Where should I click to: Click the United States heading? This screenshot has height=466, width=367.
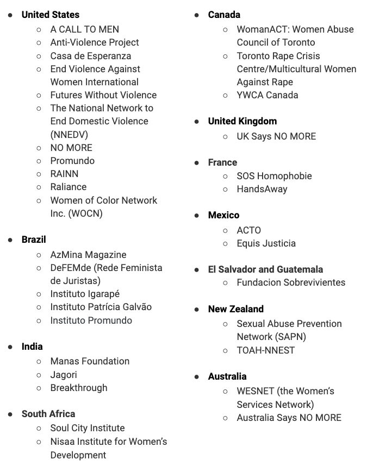[x=50, y=15]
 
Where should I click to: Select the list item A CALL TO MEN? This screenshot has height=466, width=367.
[x=84, y=29]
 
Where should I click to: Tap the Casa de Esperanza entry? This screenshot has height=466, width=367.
[x=90, y=55]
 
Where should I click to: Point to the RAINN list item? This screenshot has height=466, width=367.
[x=64, y=174]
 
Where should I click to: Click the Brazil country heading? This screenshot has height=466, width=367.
[x=34, y=240]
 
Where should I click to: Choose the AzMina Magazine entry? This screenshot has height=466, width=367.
[x=88, y=255]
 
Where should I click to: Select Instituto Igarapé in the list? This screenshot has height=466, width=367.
[x=85, y=294]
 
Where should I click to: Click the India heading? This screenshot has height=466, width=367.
[x=32, y=347]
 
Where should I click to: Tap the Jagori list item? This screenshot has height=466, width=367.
[x=64, y=375]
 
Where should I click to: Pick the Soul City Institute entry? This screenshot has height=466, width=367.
[x=88, y=428]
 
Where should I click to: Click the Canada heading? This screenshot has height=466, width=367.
[x=224, y=15]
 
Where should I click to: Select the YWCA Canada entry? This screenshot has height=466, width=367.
[x=267, y=95]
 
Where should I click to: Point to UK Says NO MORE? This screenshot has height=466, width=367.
[x=276, y=136]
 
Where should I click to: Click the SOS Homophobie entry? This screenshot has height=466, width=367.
[x=274, y=176]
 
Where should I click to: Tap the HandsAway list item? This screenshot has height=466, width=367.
[x=262, y=189]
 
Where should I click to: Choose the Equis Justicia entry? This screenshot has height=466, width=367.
[x=266, y=243]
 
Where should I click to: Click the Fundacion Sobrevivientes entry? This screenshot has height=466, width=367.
[x=291, y=282]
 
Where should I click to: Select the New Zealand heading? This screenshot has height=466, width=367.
[x=235, y=309]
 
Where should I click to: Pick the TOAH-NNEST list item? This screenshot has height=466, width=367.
[x=265, y=350]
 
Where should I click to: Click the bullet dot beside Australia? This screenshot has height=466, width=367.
[x=197, y=377]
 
